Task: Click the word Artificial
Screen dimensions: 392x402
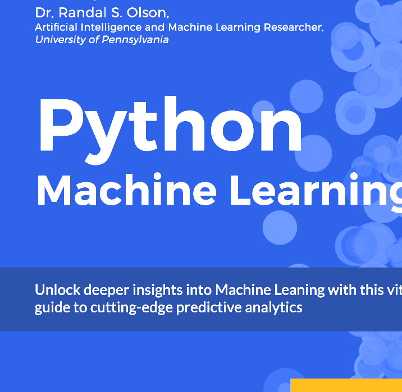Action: tap(56, 27)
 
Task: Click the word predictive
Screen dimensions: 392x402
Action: tap(199, 307)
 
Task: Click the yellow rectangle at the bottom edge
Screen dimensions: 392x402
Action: tap(346, 386)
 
